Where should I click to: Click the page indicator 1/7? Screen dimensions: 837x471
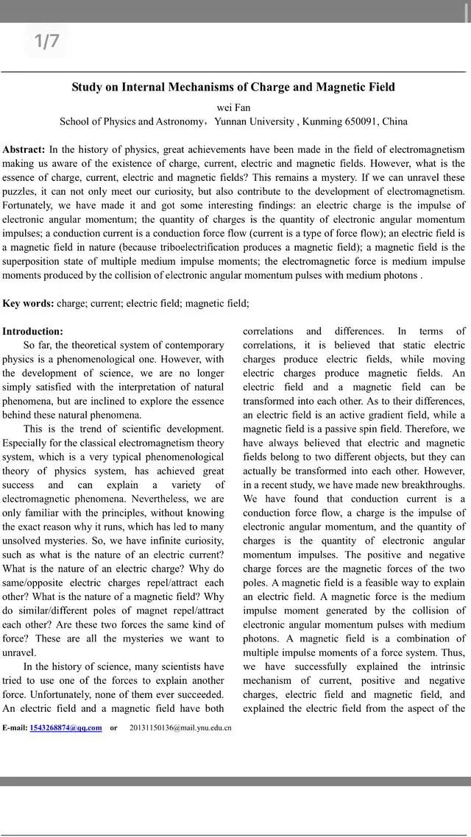46,41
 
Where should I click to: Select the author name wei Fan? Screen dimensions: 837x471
233,107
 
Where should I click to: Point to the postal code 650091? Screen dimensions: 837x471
361,121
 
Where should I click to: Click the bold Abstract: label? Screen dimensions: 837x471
24,149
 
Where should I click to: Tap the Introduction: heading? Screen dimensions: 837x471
32,332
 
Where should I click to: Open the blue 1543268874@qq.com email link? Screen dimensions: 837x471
65,728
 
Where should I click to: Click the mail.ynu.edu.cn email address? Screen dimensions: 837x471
180,728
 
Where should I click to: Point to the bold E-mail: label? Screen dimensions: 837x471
15,728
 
